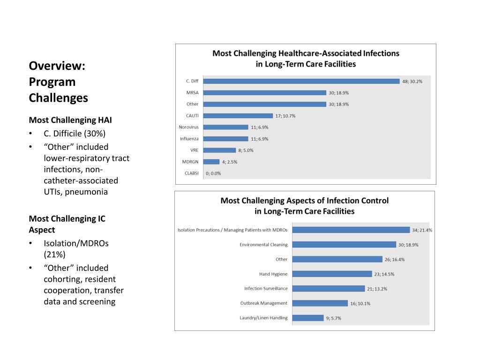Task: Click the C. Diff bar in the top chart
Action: [301, 81]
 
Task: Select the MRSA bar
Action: [264, 93]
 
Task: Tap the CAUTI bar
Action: [238, 116]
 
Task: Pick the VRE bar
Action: [219, 150]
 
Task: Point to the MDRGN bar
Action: [211, 162]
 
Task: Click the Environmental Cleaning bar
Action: [344, 245]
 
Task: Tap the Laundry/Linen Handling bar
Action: [308, 318]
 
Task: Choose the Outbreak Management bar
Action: [320, 303]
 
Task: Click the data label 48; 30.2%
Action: [412, 81]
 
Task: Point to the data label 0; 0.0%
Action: [213, 173]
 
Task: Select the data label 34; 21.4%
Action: [422, 230]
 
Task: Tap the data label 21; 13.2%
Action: [377, 289]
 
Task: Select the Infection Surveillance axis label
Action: [266, 288]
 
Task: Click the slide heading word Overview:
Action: [57, 66]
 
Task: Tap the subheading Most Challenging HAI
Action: [70, 120]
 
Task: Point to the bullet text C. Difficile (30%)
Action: [75, 134]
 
